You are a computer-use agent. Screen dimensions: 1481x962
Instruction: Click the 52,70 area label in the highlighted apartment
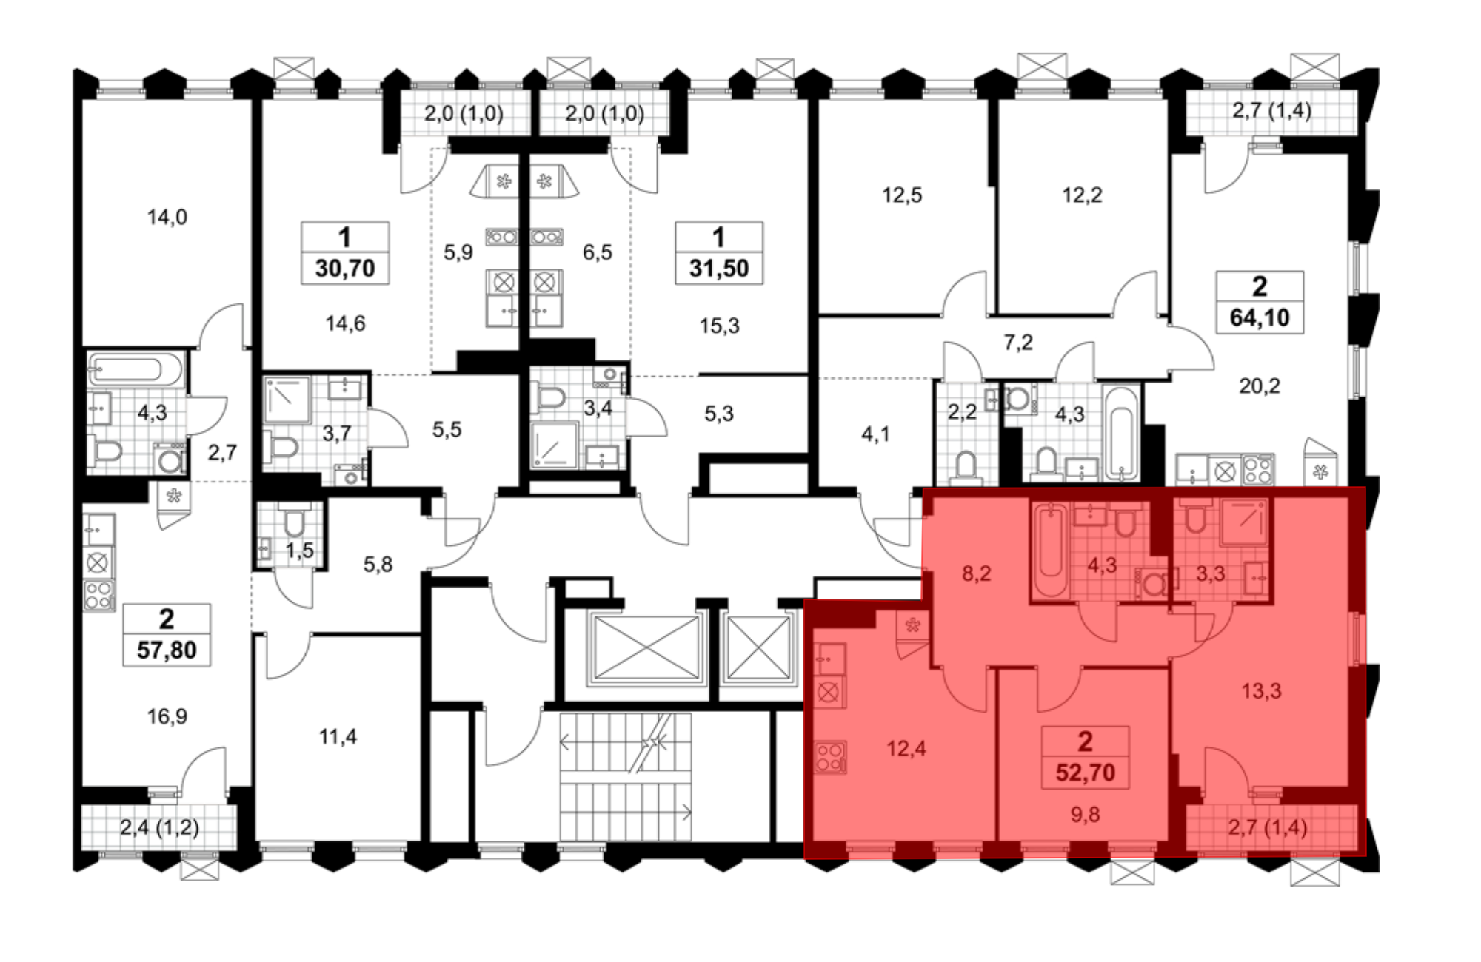tap(1085, 773)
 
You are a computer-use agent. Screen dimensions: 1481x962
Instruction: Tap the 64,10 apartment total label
tap(1260, 317)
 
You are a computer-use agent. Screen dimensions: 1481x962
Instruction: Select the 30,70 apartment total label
tap(345, 268)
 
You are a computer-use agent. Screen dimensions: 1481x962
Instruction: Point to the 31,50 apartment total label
tap(719, 268)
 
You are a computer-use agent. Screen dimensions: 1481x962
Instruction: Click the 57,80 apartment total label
tap(167, 650)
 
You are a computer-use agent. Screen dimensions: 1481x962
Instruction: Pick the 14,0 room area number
tap(167, 217)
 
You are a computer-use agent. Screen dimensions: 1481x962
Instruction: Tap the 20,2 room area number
tap(1260, 386)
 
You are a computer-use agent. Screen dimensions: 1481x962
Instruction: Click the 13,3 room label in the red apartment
tap(1261, 690)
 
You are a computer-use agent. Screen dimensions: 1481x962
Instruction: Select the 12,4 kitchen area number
tap(906, 748)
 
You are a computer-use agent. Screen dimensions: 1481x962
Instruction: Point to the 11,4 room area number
tap(338, 736)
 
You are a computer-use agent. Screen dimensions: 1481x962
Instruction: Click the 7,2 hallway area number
tap(1018, 342)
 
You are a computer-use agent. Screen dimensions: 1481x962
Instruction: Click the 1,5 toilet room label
tap(300, 551)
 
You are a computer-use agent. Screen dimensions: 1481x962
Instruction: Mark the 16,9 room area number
tap(167, 716)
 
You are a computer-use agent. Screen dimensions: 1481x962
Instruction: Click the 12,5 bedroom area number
tap(902, 195)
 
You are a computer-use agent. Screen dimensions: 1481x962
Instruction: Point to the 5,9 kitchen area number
tap(458, 252)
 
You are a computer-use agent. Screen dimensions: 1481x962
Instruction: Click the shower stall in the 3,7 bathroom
tap(287, 400)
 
